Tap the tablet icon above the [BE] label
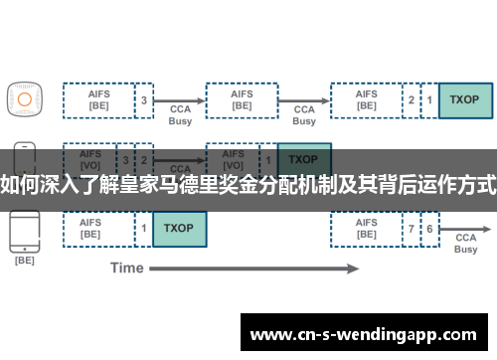pyautogui.click(x=25, y=229)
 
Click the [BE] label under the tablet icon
pyautogui.click(x=25, y=261)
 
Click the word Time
pyautogui.click(x=126, y=268)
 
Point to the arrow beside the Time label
pyautogui.click(x=258, y=268)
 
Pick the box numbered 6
pyautogui.click(x=429, y=229)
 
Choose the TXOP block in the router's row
pyautogui.click(x=464, y=99)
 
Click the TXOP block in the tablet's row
pyautogui.click(x=179, y=229)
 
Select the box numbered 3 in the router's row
pyautogui.click(x=144, y=99)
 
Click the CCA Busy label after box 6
pyautogui.click(x=465, y=244)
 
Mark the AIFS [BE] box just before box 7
pyautogui.click(x=367, y=229)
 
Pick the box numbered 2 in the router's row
pyautogui.click(x=412, y=99)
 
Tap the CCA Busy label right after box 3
pyautogui.click(x=181, y=114)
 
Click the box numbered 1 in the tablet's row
pyautogui.click(x=144, y=229)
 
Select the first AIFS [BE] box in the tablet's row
pyautogui.click(x=98, y=229)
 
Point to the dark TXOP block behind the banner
pyautogui.click(x=304, y=159)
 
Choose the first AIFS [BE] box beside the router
pyautogui.click(x=98, y=99)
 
